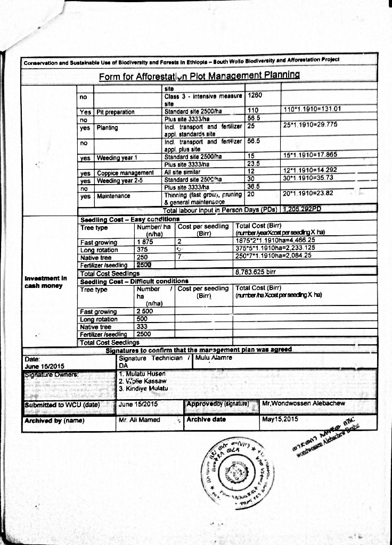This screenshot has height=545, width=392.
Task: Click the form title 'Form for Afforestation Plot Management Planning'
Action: tap(199, 76)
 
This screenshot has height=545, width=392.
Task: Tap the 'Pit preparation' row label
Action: tap(116, 112)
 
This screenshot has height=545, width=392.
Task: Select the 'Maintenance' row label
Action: tap(112, 196)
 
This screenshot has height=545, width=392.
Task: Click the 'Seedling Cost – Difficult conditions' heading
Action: tap(134, 280)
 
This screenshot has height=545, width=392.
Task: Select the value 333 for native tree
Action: tap(142, 326)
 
